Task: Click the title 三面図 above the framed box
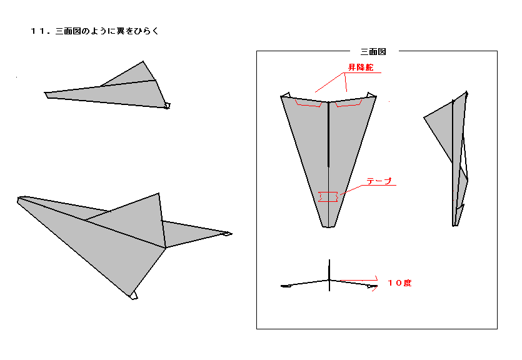point(373,52)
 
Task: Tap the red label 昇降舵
point(361,67)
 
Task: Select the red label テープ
point(379,181)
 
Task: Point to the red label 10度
point(399,282)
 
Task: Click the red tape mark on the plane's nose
point(328,197)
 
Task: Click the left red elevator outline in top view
point(308,103)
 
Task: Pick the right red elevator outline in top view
point(348,103)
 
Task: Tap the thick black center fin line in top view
point(329,134)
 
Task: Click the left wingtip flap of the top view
point(286,95)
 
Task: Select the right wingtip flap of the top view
point(371,95)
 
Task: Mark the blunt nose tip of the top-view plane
point(329,227)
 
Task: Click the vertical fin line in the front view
point(329,275)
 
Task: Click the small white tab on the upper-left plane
point(167,106)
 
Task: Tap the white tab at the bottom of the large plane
point(134,295)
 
